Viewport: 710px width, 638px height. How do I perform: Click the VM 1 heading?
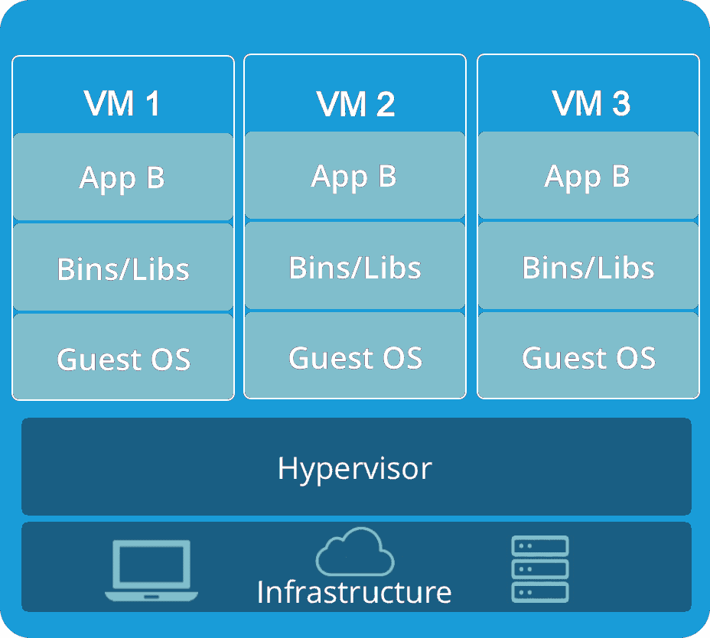pos(122,103)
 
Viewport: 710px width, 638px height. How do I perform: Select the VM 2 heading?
pos(355,103)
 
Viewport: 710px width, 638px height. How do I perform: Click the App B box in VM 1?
pos(122,177)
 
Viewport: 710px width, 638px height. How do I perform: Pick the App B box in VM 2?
pos(354,176)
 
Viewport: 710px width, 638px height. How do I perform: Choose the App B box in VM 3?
pos(588,176)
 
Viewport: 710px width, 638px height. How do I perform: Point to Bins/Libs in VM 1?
pos(122,269)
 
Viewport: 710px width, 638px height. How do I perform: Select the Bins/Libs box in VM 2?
pos(354,267)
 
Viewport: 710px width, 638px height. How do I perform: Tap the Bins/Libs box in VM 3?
pos(588,267)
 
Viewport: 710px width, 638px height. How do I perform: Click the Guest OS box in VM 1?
pos(122,358)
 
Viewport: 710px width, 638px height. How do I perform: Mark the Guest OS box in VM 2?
pos(354,356)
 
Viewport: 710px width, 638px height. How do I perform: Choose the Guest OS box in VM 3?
pos(588,356)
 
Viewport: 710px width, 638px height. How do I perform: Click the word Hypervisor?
pos(355,467)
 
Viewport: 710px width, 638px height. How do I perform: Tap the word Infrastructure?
pos(354,591)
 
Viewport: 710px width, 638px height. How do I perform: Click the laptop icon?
pos(151,570)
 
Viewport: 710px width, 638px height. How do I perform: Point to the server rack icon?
pos(539,569)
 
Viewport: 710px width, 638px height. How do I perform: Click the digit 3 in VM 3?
pos(620,103)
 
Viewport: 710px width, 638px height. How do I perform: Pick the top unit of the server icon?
pos(539,546)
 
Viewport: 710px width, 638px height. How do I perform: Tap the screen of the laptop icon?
pos(151,564)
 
